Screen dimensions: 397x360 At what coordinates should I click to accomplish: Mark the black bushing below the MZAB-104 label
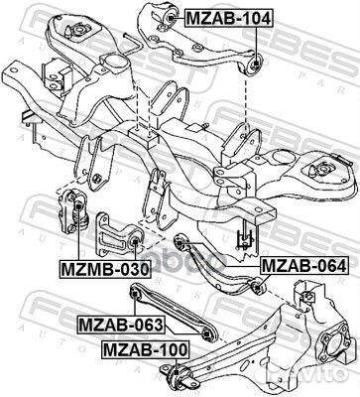[256, 62]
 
